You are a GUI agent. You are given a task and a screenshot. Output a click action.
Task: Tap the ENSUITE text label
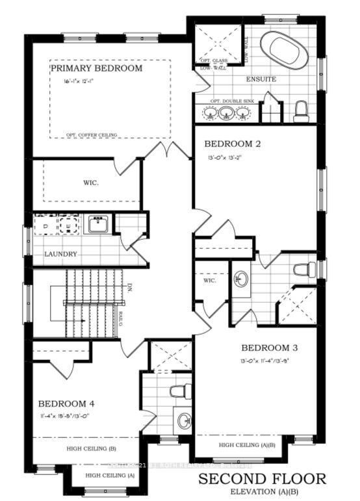click(261, 79)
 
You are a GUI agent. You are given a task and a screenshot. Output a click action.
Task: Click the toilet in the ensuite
click(300, 112)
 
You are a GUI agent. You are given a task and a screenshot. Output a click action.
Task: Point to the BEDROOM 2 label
click(232, 144)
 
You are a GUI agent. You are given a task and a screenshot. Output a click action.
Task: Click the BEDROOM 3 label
click(268, 347)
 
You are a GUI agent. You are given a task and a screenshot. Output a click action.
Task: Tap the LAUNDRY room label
click(61, 254)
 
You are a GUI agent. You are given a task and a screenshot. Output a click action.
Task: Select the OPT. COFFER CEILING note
click(92, 135)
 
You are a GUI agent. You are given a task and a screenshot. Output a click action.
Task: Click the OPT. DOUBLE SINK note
click(231, 101)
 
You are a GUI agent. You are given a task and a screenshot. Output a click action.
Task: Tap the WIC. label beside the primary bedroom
click(90, 183)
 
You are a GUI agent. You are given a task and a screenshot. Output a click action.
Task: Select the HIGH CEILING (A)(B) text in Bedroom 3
click(247, 445)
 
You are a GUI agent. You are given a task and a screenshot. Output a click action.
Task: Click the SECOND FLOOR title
click(262, 480)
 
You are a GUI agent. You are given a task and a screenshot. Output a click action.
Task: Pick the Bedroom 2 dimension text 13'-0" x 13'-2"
click(232, 157)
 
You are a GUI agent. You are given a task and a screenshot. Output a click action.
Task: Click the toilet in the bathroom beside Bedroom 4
click(175, 391)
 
